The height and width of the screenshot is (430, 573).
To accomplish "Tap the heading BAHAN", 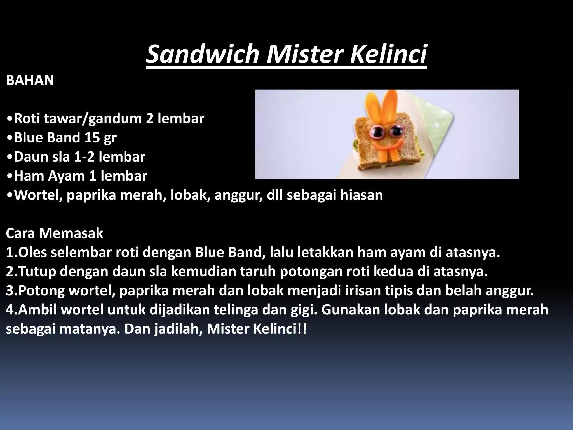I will (30, 81).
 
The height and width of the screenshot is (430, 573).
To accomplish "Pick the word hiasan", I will (361, 195).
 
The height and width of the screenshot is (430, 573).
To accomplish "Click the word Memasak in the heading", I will (71, 233).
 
